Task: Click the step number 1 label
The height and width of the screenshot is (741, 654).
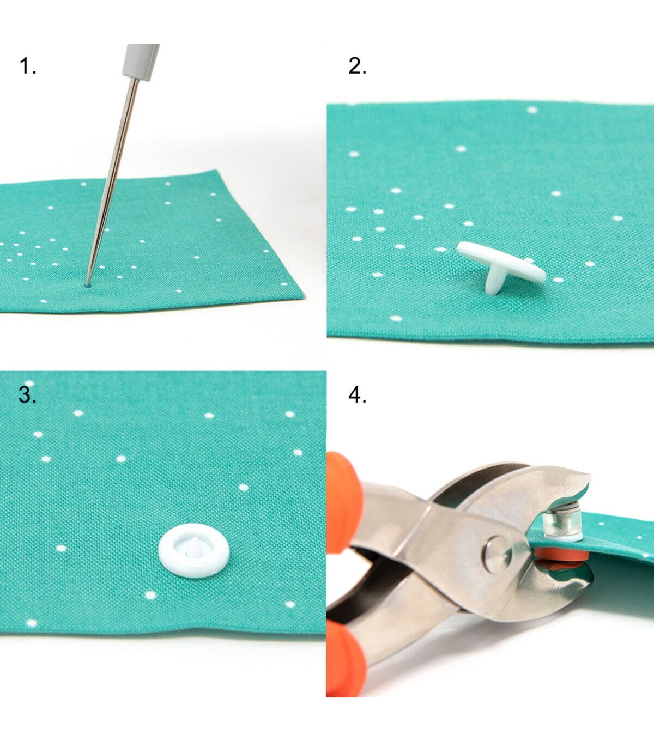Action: [x=27, y=66]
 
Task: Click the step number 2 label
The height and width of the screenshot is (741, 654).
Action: [x=357, y=66]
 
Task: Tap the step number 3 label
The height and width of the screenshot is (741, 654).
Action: [x=27, y=396]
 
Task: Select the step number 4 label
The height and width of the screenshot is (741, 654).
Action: [x=357, y=396]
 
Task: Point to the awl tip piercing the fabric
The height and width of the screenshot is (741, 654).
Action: [x=87, y=285]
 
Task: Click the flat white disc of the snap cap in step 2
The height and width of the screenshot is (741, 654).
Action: [x=501, y=261]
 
